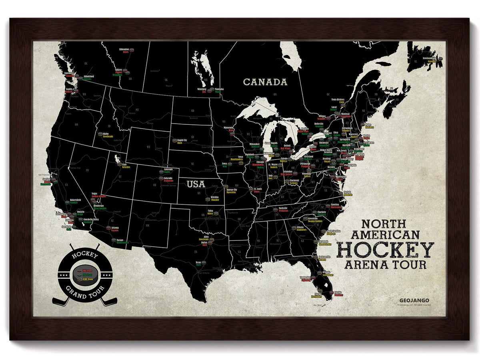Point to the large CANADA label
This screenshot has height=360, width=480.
[x=265, y=82]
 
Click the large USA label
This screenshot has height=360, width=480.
[x=196, y=184]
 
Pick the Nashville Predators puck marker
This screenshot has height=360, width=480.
[x=275, y=209]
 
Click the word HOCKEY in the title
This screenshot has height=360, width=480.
[x=385, y=250]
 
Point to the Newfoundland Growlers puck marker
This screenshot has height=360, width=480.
[x=440, y=59]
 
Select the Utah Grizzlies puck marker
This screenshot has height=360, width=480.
[x=118, y=163]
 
